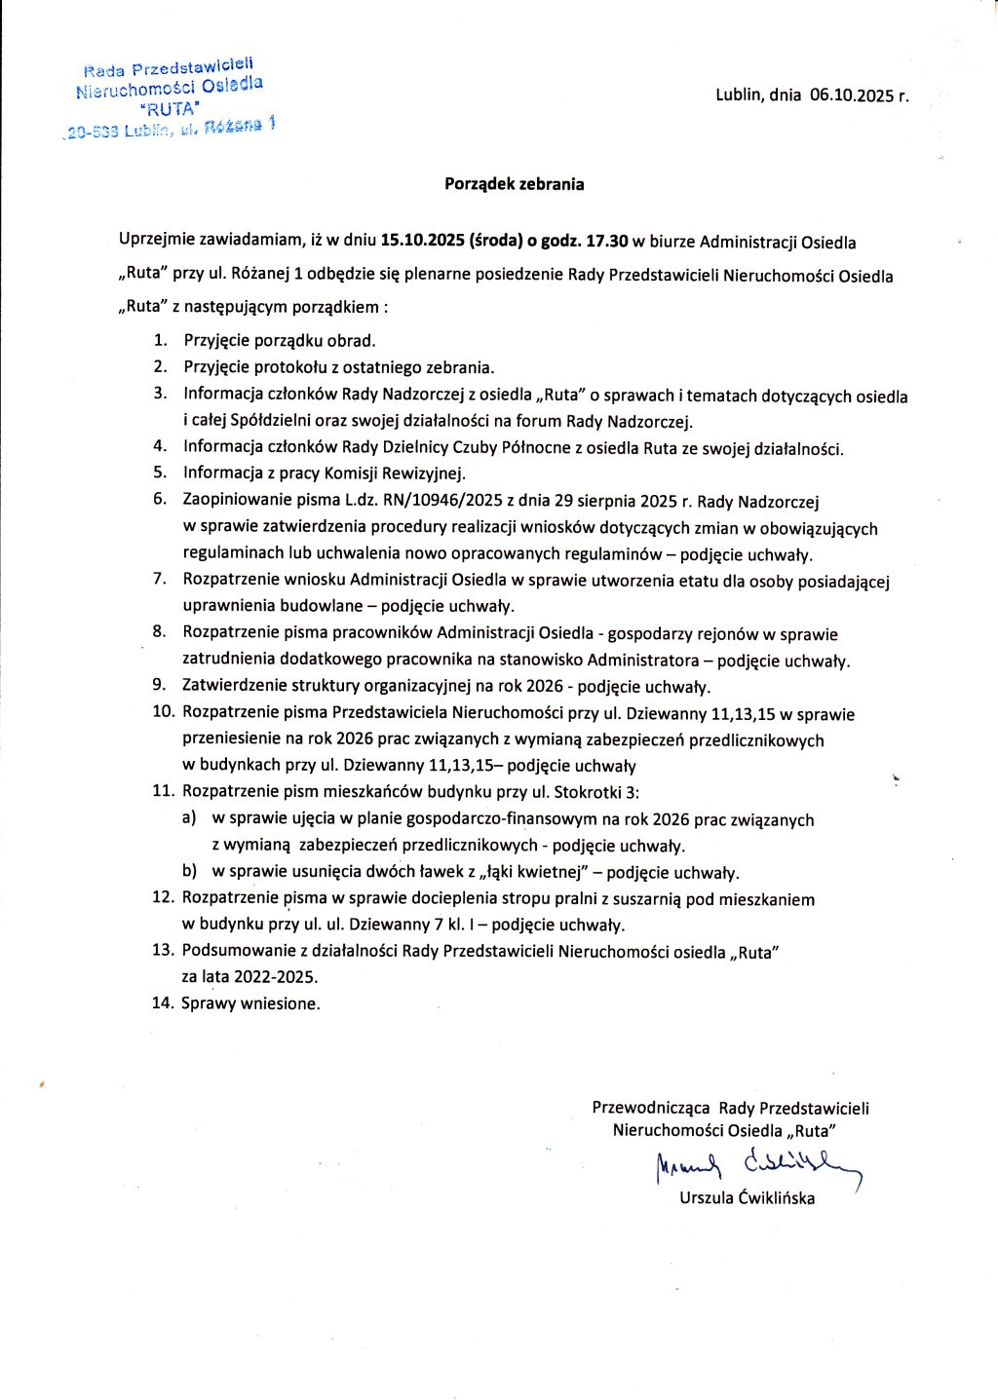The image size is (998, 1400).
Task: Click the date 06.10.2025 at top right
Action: coord(852,95)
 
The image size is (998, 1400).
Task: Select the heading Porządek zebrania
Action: coord(514,183)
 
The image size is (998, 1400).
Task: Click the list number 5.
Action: coord(160,473)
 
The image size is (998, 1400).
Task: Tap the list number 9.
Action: coord(159,686)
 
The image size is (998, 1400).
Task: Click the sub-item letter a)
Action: coord(189,819)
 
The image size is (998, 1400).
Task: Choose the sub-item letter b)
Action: coord(189,872)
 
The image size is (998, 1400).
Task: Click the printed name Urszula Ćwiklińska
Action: coord(747,1198)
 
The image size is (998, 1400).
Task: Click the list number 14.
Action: coord(162,1003)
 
